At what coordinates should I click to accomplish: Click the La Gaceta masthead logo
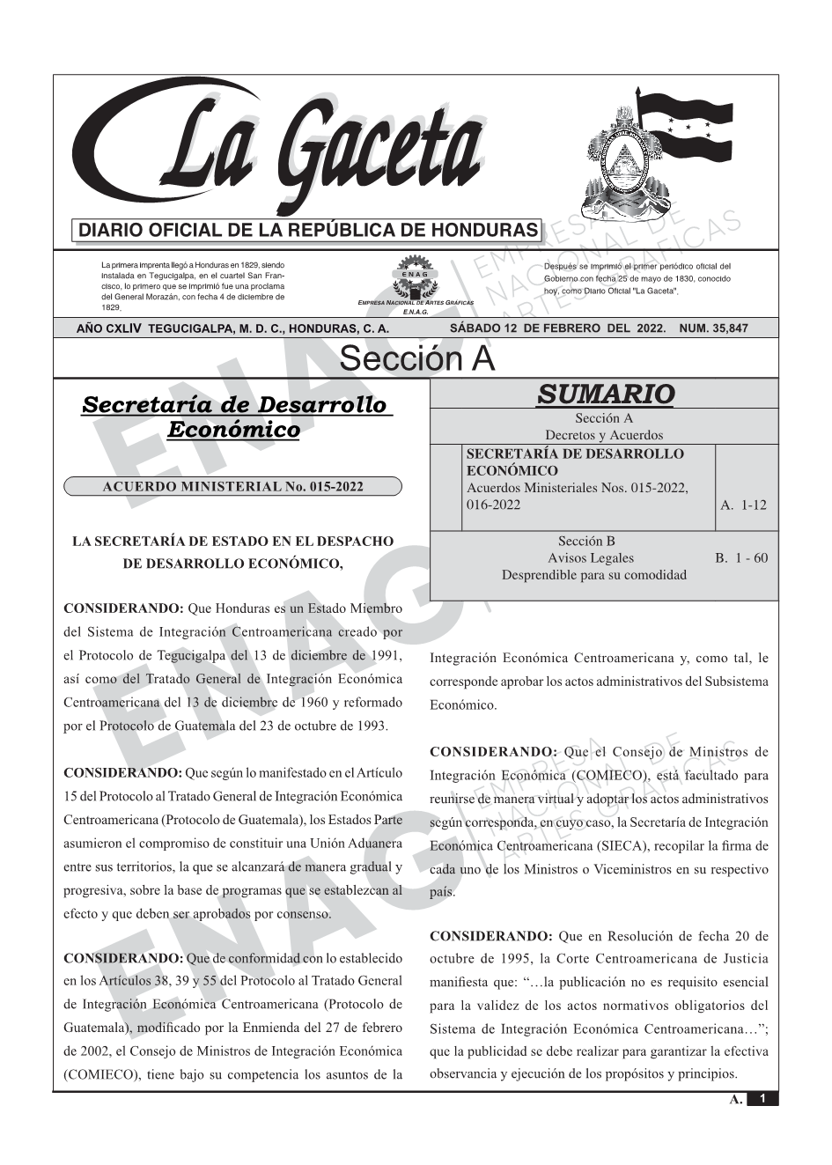click(x=282, y=150)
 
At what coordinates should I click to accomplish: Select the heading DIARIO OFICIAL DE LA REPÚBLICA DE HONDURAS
click(x=307, y=231)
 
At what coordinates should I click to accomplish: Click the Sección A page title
click(x=416, y=359)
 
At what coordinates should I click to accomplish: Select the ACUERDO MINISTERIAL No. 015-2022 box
click(x=232, y=487)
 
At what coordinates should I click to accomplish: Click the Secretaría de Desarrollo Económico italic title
click(x=233, y=417)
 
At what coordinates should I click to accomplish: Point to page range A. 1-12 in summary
click(x=743, y=505)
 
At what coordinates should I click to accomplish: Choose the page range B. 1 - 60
click(x=741, y=558)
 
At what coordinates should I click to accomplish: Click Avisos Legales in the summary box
click(x=590, y=558)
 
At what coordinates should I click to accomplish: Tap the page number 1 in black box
click(x=762, y=1099)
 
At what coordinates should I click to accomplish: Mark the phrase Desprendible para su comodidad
click(x=593, y=575)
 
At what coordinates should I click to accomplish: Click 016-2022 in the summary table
click(x=493, y=505)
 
